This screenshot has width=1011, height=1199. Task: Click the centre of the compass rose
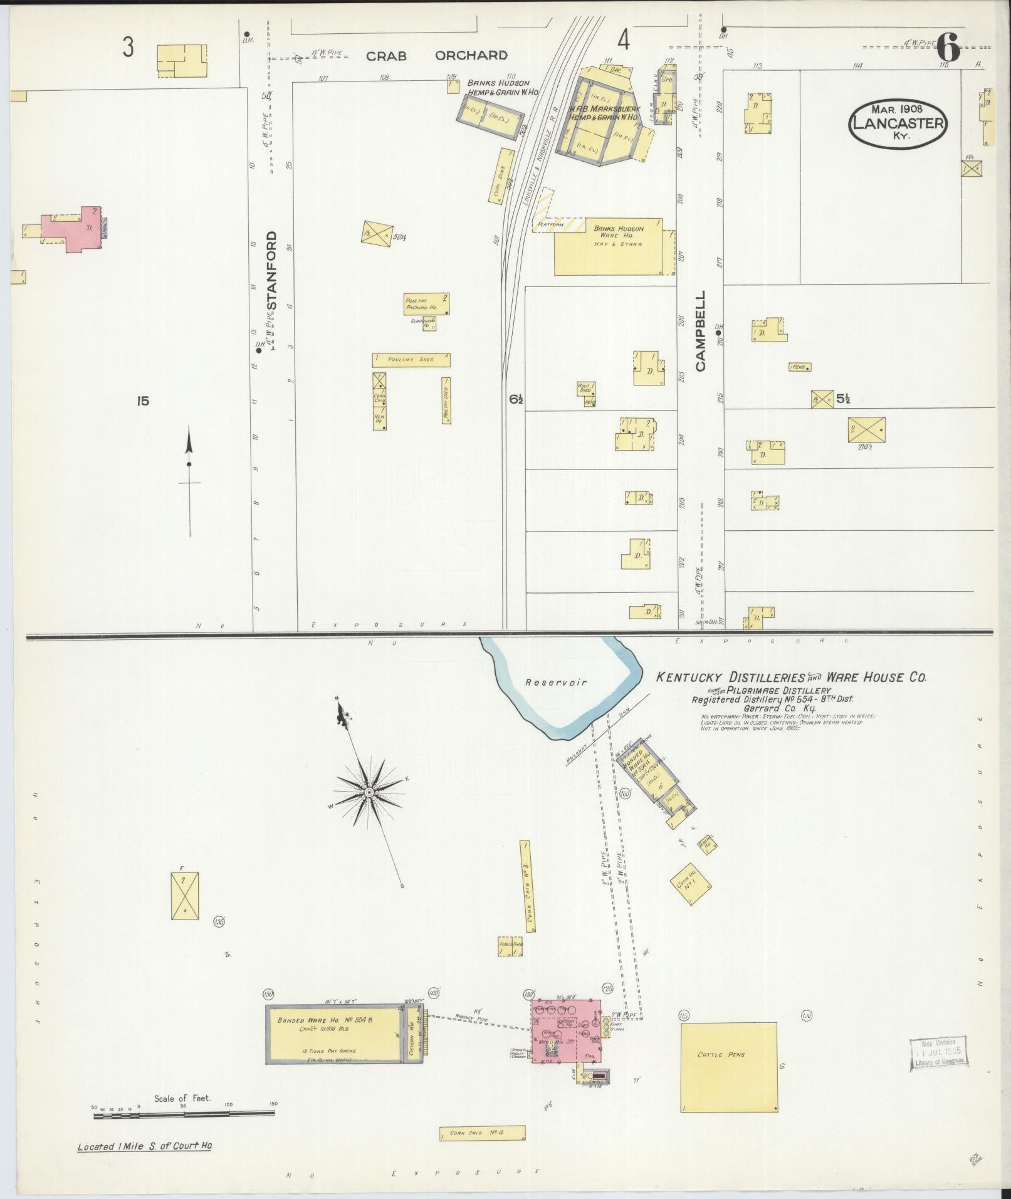(369, 793)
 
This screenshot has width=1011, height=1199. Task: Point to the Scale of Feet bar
(184, 1113)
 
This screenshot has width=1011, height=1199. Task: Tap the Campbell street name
(700, 330)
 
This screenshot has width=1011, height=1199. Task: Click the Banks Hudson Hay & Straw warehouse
(608, 246)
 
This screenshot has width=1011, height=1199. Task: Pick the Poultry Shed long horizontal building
(411, 360)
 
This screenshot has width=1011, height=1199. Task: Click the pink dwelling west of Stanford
(71, 229)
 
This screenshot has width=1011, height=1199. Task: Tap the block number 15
(143, 401)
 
